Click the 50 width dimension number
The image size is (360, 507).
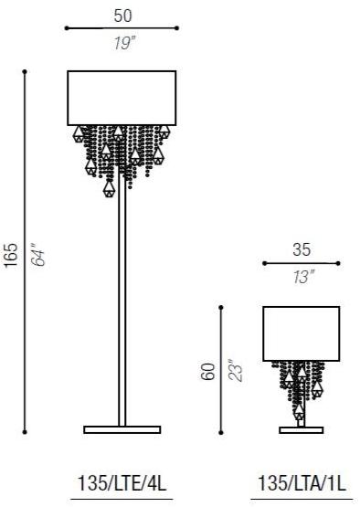tap(123, 16)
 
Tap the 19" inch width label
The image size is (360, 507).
tap(125, 43)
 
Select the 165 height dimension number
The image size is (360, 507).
tap(11, 255)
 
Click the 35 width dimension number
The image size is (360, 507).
tap(302, 250)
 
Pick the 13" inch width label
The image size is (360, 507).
tap(303, 278)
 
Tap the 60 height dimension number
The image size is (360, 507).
tap(207, 372)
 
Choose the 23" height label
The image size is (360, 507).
tap(235, 371)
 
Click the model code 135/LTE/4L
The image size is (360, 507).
tap(122, 484)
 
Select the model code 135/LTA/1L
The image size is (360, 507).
tap(302, 484)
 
